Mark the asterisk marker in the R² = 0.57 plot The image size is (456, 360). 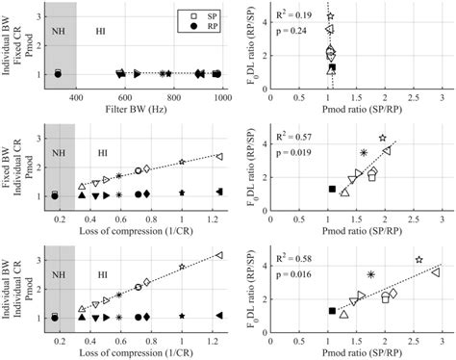(x=364, y=153)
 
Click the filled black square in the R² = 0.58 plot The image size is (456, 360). (x=332, y=311)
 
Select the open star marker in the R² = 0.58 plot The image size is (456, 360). (x=418, y=261)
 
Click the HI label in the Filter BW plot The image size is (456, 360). (x=101, y=31)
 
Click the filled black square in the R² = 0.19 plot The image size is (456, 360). (x=332, y=68)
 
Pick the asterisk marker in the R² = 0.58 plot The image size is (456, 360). (x=370, y=274)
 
